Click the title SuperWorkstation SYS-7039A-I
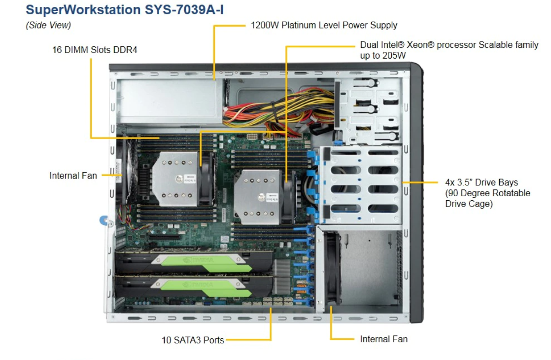pyautogui.click(x=124, y=10)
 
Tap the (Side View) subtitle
pyautogui.click(x=48, y=25)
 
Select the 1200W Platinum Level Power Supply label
pyautogui.click(x=324, y=25)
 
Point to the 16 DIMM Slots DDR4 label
pyautogui.click(x=95, y=50)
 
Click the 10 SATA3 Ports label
pyautogui.click(x=193, y=340)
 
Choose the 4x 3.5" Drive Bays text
pyautogui.click(x=482, y=182)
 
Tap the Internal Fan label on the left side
pyautogui.click(x=73, y=176)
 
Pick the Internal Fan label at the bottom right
pyautogui.click(x=384, y=339)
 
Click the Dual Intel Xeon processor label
pyautogui.click(x=449, y=50)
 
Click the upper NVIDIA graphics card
pyautogui.click(x=194, y=263)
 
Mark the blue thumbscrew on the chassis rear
pyautogui.click(x=104, y=220)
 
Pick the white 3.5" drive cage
pyautogui.click(x=362, y=185)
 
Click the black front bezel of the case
pyautogui.click(x=416, y=193)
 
